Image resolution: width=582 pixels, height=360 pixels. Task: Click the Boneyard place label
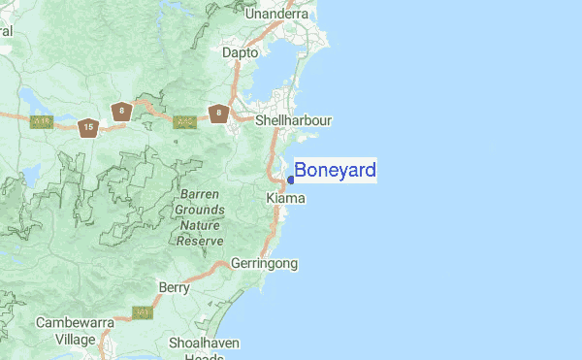[x=335, y=171]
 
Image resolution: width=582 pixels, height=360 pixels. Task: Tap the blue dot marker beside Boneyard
[x=291, y=180]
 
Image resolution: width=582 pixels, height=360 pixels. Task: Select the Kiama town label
[x=285, y=198]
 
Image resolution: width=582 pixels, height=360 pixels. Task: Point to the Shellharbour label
[x=293, y=121]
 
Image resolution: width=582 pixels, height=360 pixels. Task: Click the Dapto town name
[x=240, y=53]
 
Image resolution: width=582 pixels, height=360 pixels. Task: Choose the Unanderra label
[x=276, y=15]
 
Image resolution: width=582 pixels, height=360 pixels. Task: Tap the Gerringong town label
[x=264, y=263]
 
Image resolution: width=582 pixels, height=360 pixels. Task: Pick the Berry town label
[x=175, y=287]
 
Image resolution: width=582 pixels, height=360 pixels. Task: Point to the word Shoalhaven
[x=204, y=344]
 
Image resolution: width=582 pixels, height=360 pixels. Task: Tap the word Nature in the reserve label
[x=202, y=224]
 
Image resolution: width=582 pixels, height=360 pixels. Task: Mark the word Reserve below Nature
[x=202, y=240]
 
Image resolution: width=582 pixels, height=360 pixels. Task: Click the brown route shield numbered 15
[x=88, y=127]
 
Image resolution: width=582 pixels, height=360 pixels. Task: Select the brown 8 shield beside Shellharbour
[x=219, y=114]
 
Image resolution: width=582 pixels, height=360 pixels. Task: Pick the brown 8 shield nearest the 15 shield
[x=121, y=111]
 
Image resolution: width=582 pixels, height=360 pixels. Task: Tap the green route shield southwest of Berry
[x=143, y=312]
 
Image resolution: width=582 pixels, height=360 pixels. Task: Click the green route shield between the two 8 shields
[x=184, y=122]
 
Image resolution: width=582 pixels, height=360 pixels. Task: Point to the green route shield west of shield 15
[x=40, y=121]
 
